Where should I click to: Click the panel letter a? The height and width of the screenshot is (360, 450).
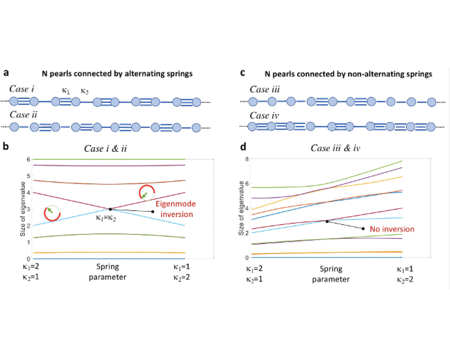[x=6, y=73]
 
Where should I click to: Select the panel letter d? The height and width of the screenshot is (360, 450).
[x=243, y=147]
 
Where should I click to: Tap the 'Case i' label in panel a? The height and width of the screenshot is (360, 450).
[x=22, y=89]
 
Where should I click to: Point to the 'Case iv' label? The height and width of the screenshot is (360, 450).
[x=264, y=116]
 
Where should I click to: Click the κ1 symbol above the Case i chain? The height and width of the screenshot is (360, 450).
[x=66, y=91]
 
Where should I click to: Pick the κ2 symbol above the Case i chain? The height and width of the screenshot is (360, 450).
[x=85, y=91]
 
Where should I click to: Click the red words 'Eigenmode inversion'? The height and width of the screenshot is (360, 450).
[x=176, y=209]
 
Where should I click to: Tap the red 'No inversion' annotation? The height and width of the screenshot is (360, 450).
[x=392, y=229]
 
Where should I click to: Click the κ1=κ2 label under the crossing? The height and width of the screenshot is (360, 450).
[x=106, y=218]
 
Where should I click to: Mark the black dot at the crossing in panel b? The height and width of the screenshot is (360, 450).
[x=110, y=209]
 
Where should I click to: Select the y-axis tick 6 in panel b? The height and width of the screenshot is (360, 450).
[x=28, y=159]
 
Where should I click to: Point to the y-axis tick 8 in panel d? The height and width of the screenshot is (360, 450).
[x=247, y=159]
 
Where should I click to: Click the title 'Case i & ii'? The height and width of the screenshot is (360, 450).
[x=105, y=148]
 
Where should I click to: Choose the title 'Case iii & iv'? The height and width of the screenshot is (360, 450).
[x=335, y=148]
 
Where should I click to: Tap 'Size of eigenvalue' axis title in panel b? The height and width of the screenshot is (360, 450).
[x=23, y=209]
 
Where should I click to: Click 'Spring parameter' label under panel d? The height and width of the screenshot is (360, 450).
[x=331, y=274]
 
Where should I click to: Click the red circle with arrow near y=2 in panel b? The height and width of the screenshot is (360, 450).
[x=52, y=213]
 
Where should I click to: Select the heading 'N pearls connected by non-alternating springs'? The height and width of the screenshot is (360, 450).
[x=348, y=74]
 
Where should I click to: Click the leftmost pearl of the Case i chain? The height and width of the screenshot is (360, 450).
[x=14, y=101]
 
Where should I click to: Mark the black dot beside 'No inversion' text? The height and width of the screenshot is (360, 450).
[x=363, y=229]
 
